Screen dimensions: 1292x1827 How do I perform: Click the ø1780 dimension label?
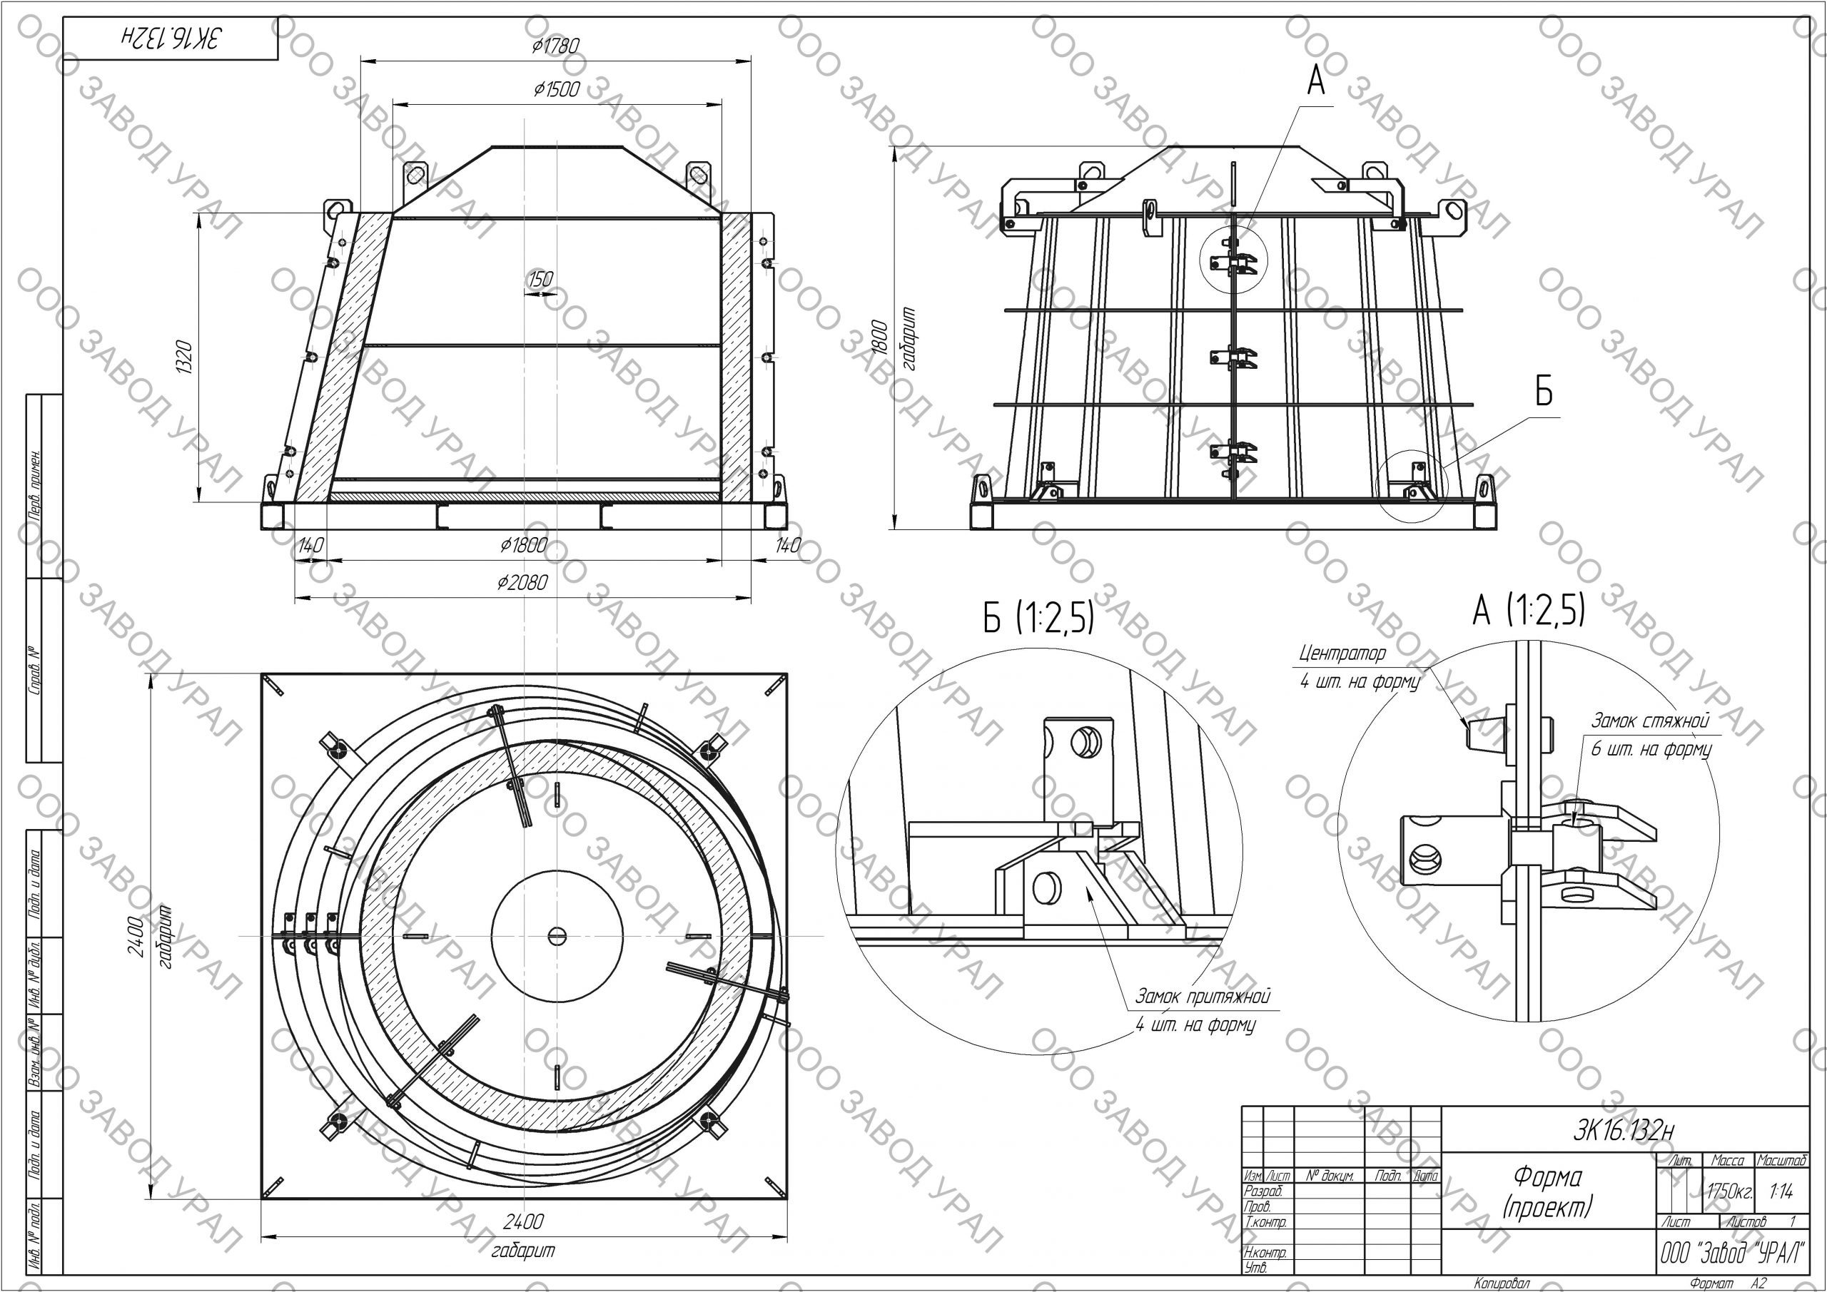[555, 46]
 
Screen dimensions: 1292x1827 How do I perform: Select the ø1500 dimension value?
[556, 89]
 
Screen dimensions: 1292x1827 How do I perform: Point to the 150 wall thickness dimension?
[540, 279]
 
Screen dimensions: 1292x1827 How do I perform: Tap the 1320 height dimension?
[184, 358]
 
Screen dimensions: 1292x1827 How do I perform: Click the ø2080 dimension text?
[523, 582]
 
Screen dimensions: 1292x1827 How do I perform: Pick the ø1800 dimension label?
[524, 546]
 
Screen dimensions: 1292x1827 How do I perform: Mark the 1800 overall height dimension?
[879, 339]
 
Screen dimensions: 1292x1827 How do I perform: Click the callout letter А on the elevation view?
[1316, 81]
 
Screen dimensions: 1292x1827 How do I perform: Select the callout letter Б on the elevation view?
[1544, 392]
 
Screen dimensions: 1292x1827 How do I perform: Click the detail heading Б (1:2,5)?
[1038, 617]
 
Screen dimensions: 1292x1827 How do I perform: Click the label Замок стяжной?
[1649, 721]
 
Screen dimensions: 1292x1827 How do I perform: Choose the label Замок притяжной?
[1203, 996]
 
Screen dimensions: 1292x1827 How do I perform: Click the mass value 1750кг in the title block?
[1729, 1191]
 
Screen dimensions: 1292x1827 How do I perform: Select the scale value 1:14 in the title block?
[1781, 1191]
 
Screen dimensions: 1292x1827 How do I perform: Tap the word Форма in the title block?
[1548, 1176]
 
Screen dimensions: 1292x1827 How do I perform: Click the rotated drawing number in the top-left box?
[171, 37]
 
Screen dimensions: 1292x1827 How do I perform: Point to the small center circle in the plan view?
[556, 937]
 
